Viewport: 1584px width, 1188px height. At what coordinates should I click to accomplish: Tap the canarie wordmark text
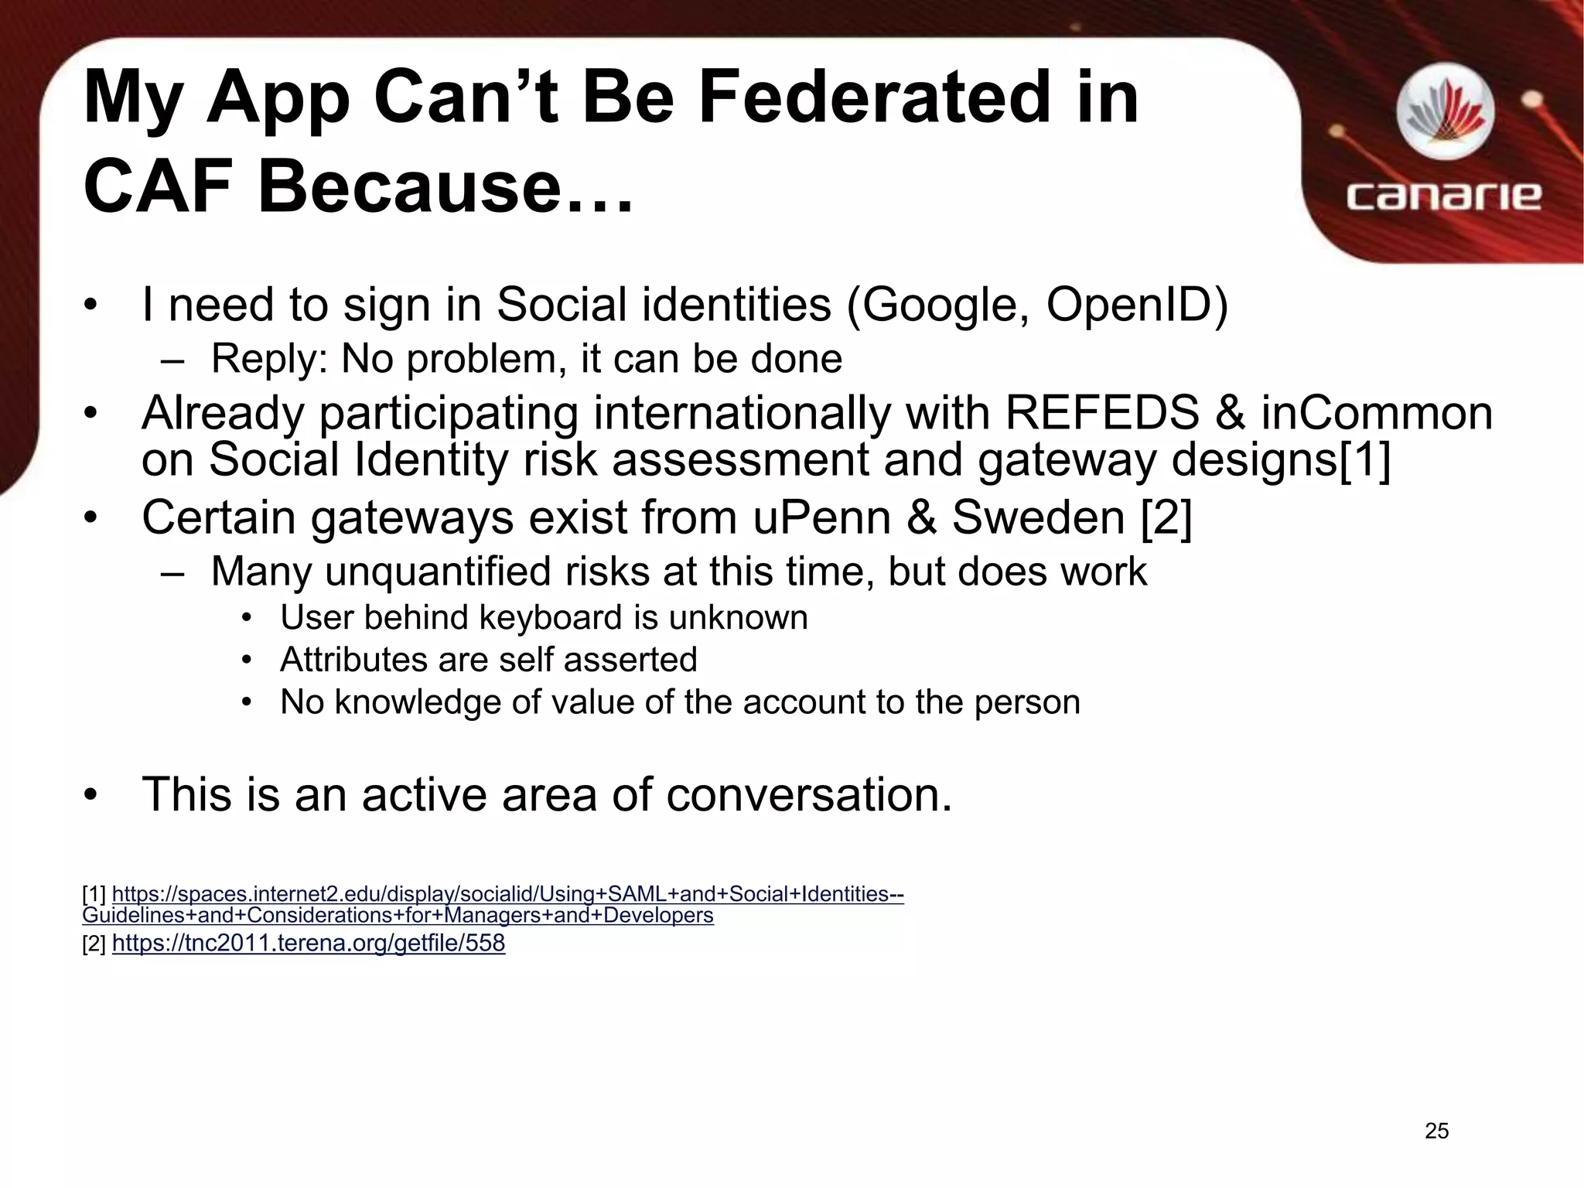1443,196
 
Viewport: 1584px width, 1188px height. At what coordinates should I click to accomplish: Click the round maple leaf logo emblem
1445,113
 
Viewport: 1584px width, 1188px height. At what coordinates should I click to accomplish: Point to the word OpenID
1128,305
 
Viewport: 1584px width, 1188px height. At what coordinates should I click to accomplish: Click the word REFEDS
1101,413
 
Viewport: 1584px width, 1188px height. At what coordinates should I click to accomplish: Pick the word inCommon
1377,413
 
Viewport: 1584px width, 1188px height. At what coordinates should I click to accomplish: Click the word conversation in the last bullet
808,794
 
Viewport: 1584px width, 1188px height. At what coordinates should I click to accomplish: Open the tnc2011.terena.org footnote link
309,943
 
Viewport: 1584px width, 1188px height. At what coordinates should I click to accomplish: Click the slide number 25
1436,1131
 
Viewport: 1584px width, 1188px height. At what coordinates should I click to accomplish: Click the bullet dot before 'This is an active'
91,795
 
